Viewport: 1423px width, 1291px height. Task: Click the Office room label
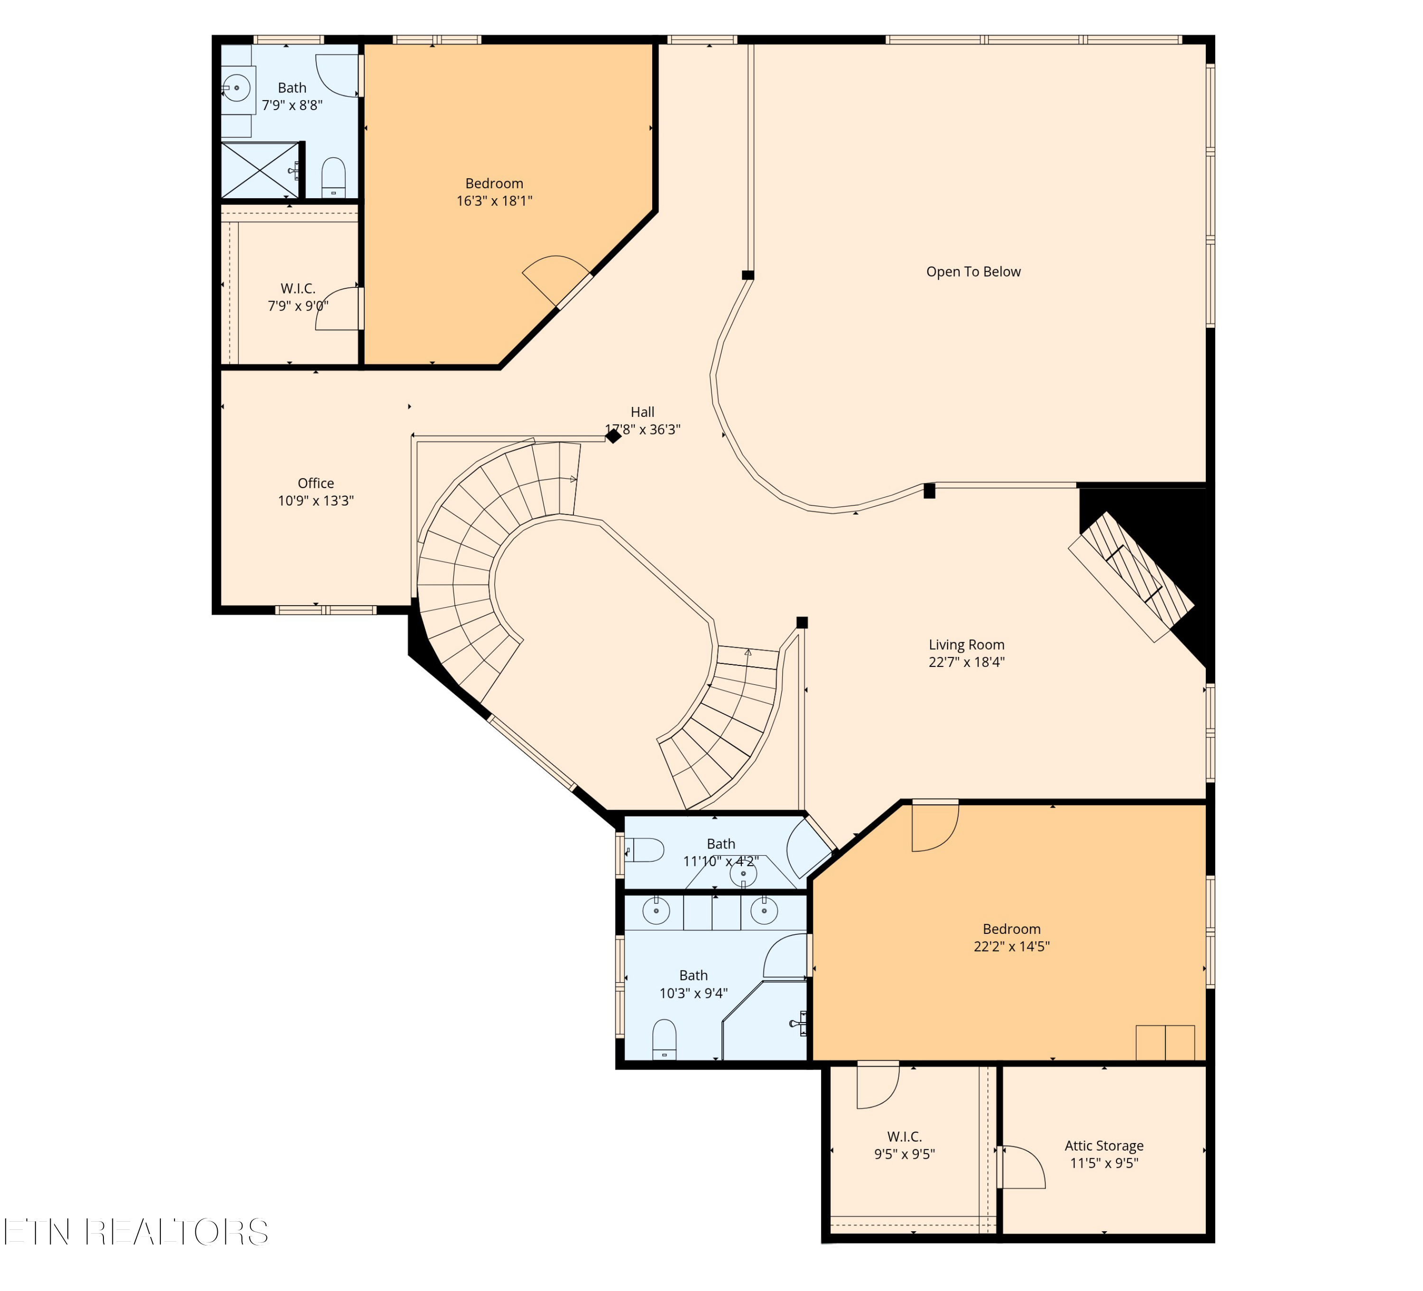tap(315, 483)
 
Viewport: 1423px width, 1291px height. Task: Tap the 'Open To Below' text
tap(973, 272)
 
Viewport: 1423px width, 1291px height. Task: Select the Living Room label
tap(966, 645)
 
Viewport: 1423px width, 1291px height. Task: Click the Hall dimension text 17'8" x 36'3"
tap(642, 430)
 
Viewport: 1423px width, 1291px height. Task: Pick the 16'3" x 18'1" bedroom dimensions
tap(494, 201)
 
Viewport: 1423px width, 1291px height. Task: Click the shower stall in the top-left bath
tap(260, 170)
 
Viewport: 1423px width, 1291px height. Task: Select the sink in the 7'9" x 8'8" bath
tap(237, 88)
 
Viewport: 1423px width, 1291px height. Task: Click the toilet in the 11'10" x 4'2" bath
tap(644, 850)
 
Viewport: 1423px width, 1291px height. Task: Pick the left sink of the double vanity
tap(656, 911)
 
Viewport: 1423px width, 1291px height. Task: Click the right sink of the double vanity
tap(764, 911)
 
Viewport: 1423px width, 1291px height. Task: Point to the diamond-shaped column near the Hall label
tap(613, 436)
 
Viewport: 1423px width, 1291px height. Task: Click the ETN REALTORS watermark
tap(136, 1232)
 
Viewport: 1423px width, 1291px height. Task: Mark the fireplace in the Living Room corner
tap(1131, 577)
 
